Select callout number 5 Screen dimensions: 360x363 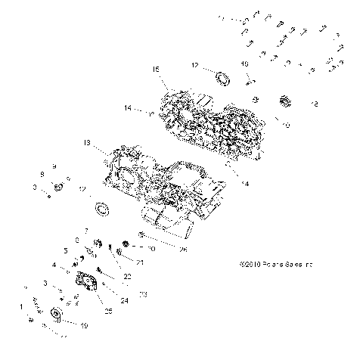click(x=66, y=250)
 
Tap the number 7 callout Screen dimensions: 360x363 click(x=86, y=230)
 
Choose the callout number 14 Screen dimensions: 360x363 click(x=129, y=109)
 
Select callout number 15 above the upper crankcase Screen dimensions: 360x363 click(x=156, y=69)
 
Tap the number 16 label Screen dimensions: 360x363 click(x=244, y=65)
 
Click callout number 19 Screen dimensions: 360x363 click(x=84, y=325)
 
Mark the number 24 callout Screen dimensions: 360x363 click(x=125, y=300)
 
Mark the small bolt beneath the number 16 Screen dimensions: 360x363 click(x=246, y=78)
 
